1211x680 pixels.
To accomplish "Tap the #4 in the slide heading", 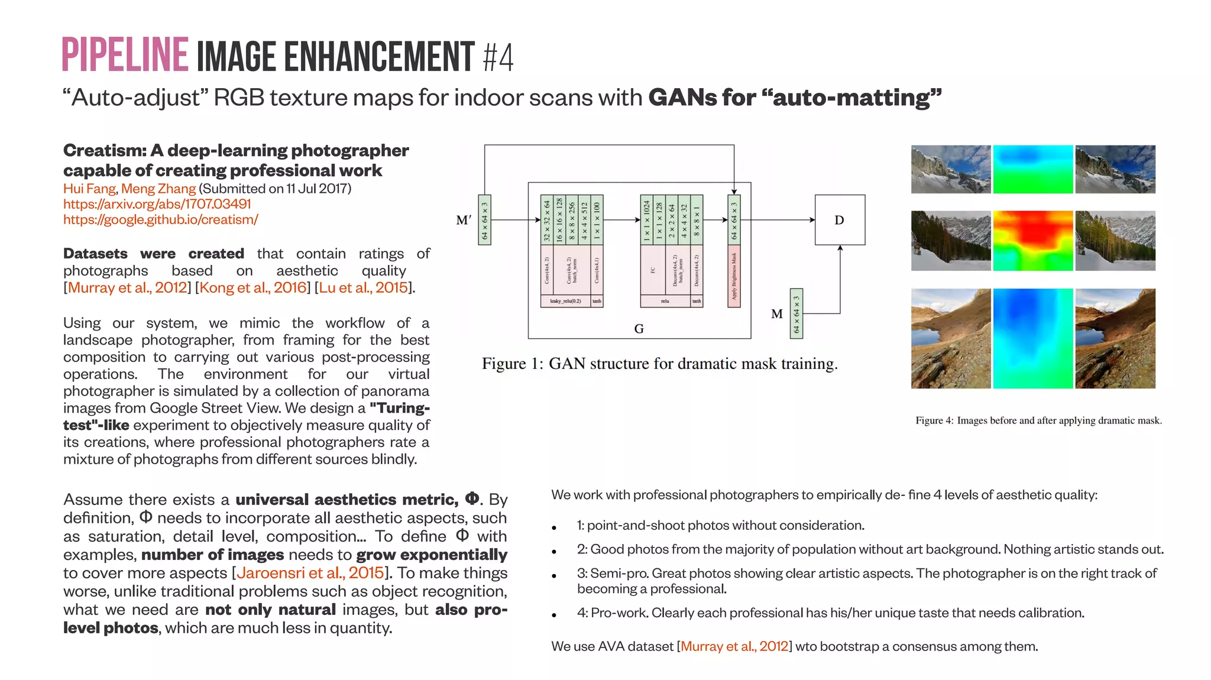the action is [x=498, y=57].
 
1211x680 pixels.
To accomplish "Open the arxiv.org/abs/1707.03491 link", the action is [x=157, y=204].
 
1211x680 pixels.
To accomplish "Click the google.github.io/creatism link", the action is [x=160, y=219].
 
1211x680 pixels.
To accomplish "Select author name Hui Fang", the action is [x=89, y=189].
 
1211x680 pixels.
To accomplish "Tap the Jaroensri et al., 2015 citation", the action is [x=310, y=573].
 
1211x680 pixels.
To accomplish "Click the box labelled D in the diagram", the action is [x=839, y=220].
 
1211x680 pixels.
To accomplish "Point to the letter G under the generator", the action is [x=639, y=329].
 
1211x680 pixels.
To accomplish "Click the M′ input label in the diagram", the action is [x=464, y=220].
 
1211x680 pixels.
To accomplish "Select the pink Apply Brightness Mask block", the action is [x=734, y=276].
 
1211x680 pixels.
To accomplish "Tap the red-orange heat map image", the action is [x=1032, y=241].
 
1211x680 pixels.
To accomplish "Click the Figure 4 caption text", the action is [x=1038, y=420].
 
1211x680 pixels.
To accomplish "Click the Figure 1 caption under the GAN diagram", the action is [x=659, y=364].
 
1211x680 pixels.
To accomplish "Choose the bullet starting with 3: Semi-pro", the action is [x=866, y=581].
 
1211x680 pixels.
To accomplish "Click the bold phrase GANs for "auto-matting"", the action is [x=795, y=98].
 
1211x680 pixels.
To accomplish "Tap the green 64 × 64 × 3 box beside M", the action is [x=796, y=313].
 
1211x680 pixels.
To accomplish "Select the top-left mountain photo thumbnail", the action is [x=950, y=169].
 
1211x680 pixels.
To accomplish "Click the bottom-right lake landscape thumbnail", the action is [x=1115, y=338].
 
